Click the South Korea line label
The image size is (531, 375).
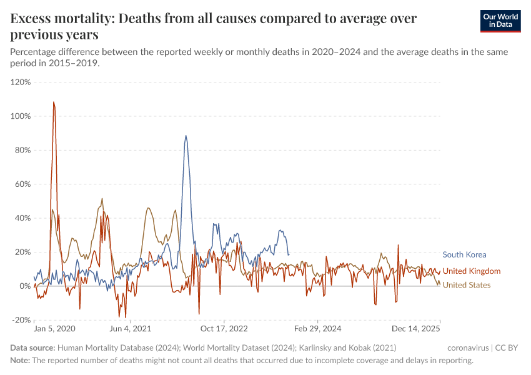pos(464,254)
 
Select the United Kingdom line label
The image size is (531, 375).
pos(472,271)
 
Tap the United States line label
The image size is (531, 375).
pos(466,285)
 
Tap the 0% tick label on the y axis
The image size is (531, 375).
pos(25,286)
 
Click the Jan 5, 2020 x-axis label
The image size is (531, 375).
pos(54,329)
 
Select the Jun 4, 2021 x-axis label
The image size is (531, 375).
pos(130,329)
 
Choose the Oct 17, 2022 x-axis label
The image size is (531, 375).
pos(224,329)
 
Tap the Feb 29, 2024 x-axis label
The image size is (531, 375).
pos(317,329)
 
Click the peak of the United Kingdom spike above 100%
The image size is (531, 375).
pos(54,102)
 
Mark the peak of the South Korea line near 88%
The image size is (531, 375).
pos(186,136)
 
